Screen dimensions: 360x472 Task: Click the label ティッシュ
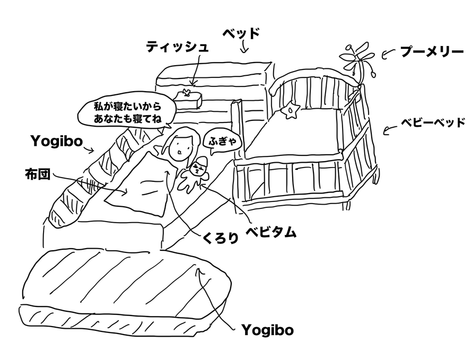(177, 47)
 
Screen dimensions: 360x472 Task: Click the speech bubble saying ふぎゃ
(220, 141)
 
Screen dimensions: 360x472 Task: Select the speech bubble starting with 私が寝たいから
(125, 112)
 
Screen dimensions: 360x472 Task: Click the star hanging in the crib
(292, 111)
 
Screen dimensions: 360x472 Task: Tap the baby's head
(199, 168)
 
